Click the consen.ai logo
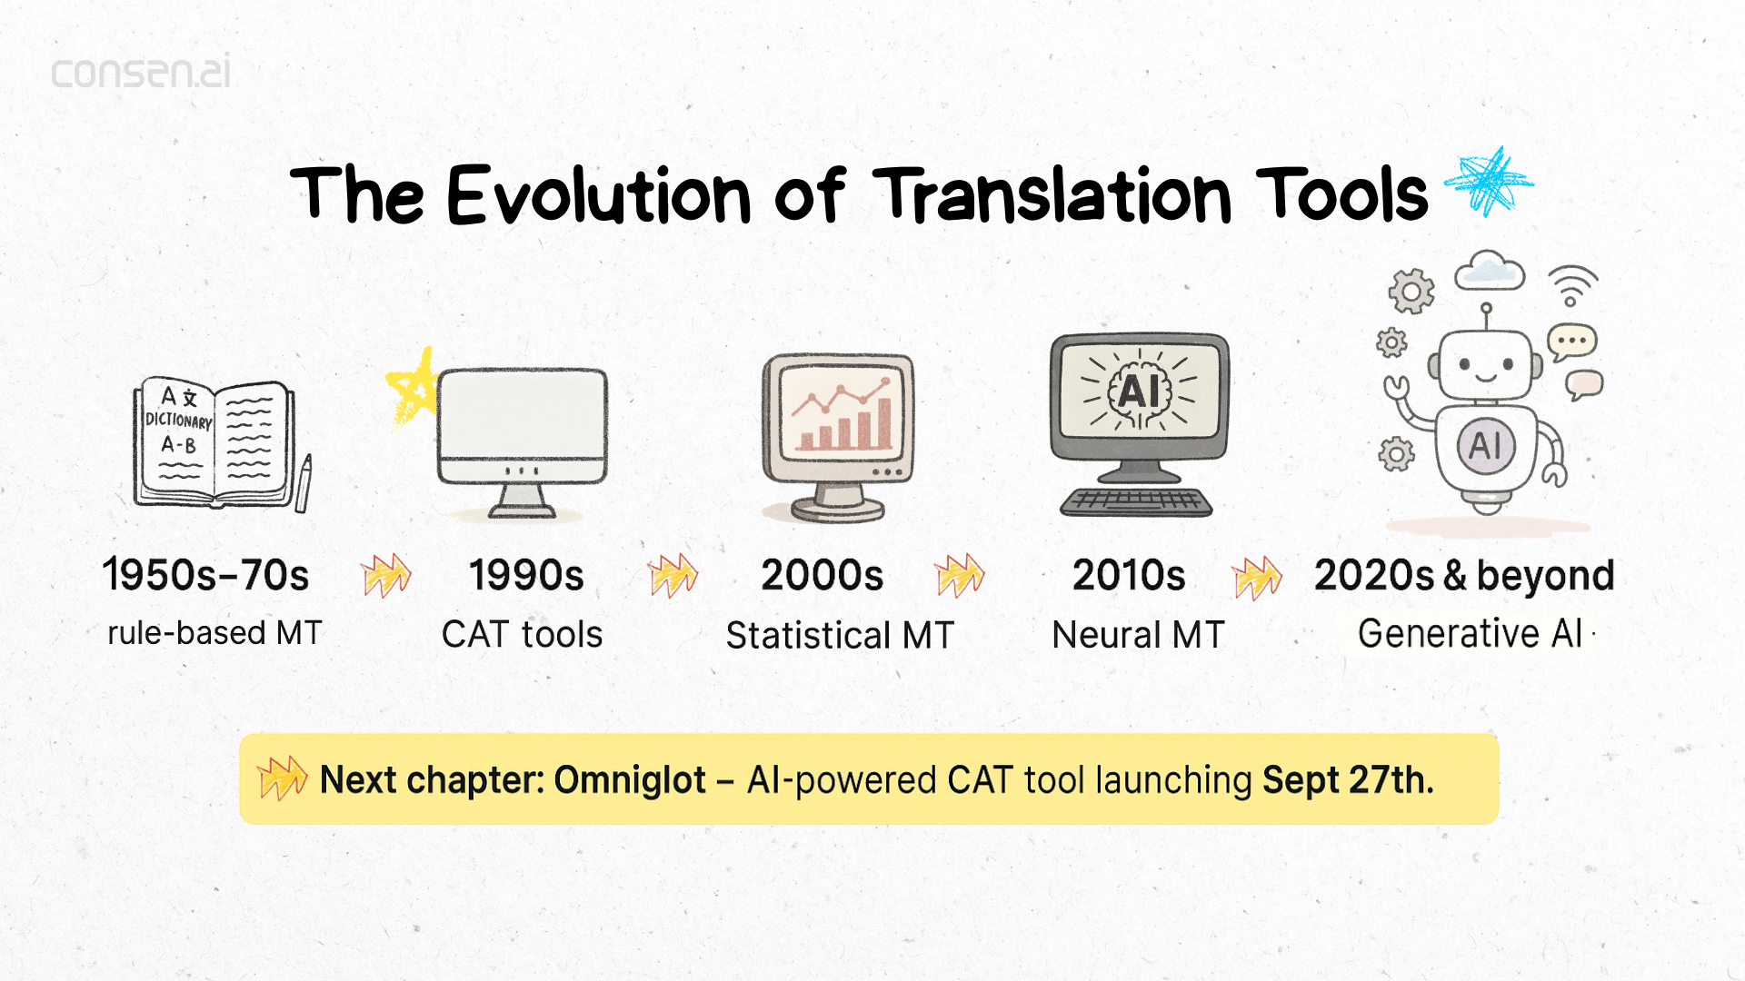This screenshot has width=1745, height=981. [141, 73]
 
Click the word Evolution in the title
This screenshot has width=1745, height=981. [599, 195]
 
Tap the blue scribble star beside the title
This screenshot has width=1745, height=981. [1488, 182]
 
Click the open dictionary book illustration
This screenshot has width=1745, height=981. [214, 442]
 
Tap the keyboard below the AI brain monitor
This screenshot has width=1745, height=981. [1136, 501]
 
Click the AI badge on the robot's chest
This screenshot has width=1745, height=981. [1486, 445]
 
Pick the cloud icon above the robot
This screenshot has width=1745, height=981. [1489, 272]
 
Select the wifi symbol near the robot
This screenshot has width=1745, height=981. [1572, 285]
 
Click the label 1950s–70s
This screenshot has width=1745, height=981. [205, 575]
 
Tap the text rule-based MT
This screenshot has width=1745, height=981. [214, 633]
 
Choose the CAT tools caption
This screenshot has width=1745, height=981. [522, 634]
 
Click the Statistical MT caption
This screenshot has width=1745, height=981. [840, 635]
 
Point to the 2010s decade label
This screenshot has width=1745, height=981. [1129, 575]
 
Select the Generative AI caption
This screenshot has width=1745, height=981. [1470, 633]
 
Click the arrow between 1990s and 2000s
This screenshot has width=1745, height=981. [673, 576]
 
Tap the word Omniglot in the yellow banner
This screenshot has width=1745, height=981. [629, 780]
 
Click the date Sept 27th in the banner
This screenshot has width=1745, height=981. [1347, 780]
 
